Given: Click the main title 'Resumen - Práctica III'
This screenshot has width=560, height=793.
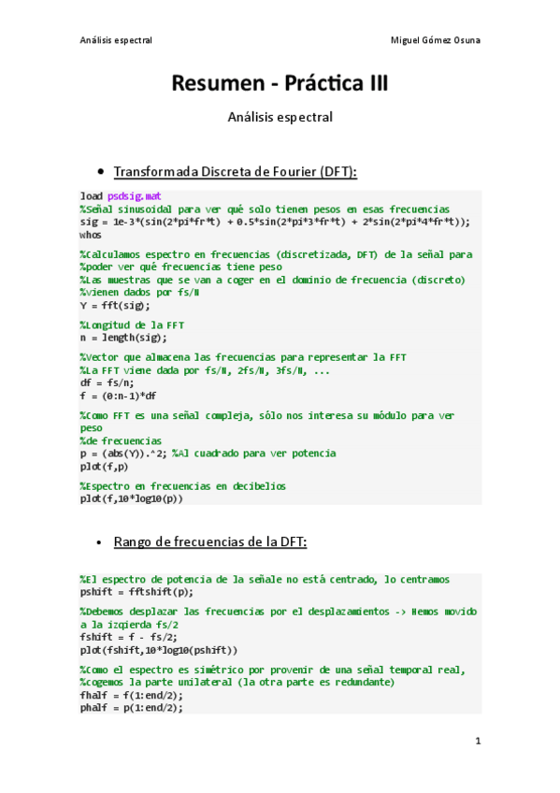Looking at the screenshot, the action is pos(280,84).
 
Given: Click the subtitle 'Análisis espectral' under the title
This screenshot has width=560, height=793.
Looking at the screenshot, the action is pos(280,118).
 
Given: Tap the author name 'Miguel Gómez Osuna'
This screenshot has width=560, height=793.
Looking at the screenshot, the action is pos(435,41).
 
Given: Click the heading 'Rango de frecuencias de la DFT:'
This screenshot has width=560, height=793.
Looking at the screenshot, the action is pos(209,542).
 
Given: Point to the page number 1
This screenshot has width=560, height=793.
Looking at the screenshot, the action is pos(477,742).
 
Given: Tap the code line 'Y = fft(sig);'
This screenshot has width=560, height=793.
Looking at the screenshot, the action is pos(114,305).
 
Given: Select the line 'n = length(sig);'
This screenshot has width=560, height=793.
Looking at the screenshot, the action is pos(123,337).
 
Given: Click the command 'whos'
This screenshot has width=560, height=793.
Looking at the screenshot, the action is pos(91,235).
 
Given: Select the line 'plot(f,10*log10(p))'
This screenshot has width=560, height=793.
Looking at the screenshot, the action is pos(132,498).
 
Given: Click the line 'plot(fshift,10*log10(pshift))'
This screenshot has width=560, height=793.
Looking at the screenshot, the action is pos(159,649).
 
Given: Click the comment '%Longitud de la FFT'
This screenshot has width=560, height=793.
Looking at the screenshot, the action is pos(132,324).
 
